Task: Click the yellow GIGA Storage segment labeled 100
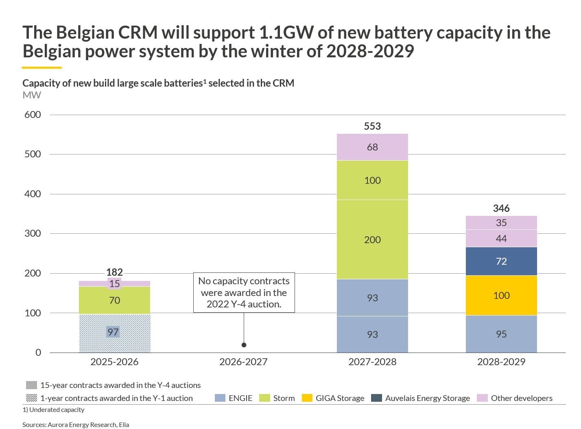click(x=501, y=296)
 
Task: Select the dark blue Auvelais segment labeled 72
click(x=501, y=261)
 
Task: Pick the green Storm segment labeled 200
click(x=372, y=240)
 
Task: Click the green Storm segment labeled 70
click(x=114, y=300)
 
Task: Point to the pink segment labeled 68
click(x=372, y=147)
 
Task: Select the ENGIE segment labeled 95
click(x=501, y=334)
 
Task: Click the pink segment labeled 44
click(x=501, y=239)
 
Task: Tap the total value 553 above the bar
click(x=372, y=126)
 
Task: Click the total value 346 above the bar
click(x=501, y=208)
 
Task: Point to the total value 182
click(x=114, y=272)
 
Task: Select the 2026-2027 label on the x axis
click(x=243, y=361)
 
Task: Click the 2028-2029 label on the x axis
click(x=501, y=361)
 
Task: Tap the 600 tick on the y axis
click(x=33, y=115)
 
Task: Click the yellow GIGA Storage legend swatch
click(x=307, y=398)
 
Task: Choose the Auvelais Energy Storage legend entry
click(x=427, y=398)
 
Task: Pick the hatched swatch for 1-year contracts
click(x=31, y=398)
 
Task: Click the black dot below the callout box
click(x=244, y=345)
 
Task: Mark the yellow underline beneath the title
click(x=42, y=68)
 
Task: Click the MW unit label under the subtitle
click(x=32, y=95)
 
